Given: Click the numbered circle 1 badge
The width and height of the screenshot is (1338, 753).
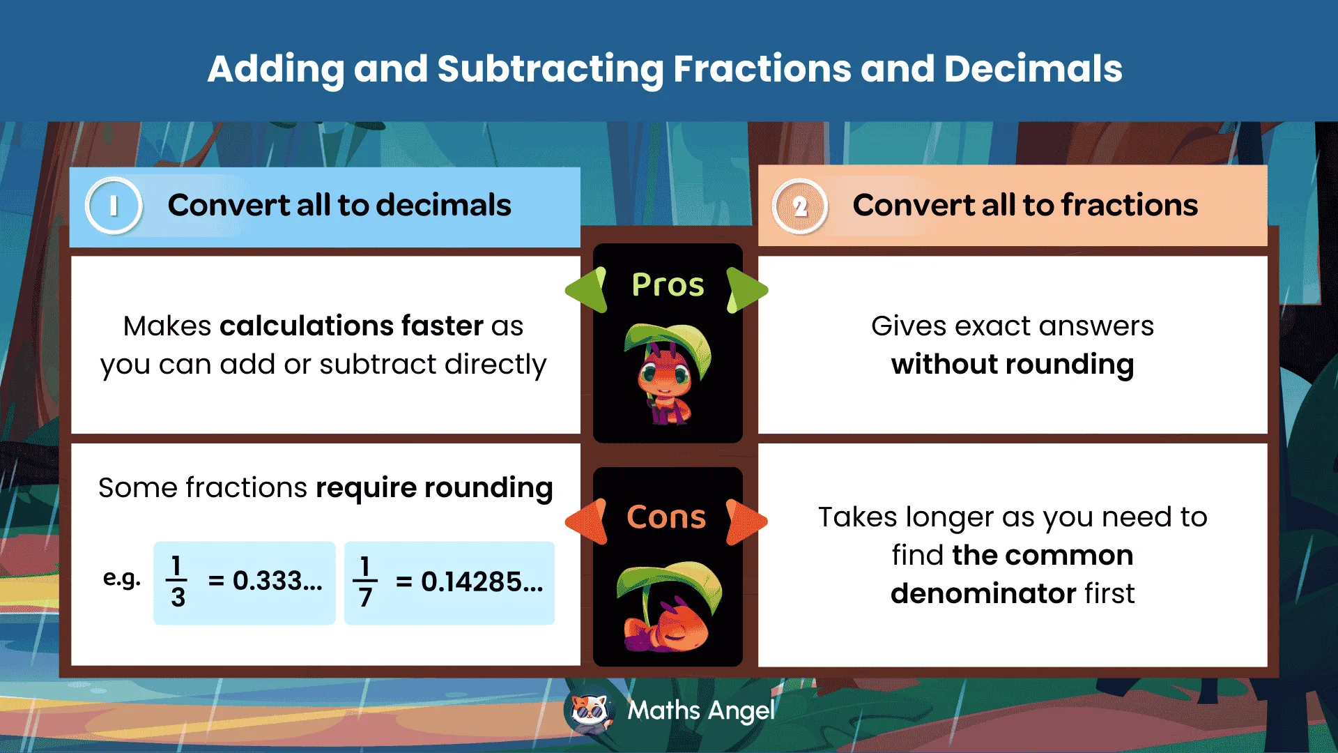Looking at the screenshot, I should (114, 206).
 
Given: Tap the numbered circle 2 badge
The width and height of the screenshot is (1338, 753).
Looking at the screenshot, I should (800, 206).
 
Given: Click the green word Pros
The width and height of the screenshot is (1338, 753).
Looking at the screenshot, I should (668, 284).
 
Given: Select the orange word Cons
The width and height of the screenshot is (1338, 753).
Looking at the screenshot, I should (666, 517).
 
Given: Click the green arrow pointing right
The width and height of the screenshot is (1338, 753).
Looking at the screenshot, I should (746, 289).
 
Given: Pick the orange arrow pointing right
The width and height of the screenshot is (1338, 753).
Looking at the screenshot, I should (746, 521).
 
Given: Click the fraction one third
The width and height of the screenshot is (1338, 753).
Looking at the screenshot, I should (177, 581).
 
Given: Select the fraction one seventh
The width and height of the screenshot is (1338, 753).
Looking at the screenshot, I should (364, 581).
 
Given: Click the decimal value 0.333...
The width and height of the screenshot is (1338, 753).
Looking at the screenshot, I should (277, 580).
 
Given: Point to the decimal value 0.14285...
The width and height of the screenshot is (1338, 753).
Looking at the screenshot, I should (482, 581).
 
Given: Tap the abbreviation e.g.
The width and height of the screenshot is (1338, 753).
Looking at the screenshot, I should (121, 578).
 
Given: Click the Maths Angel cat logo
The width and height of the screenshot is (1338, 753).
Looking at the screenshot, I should (590, 712).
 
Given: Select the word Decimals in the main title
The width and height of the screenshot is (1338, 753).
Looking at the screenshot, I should (1033, 69).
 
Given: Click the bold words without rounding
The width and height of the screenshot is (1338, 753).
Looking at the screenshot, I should (1012, 364).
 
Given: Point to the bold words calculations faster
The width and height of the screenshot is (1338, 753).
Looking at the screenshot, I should (351, 326).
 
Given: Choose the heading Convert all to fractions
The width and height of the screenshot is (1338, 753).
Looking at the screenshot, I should (1025, 205).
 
